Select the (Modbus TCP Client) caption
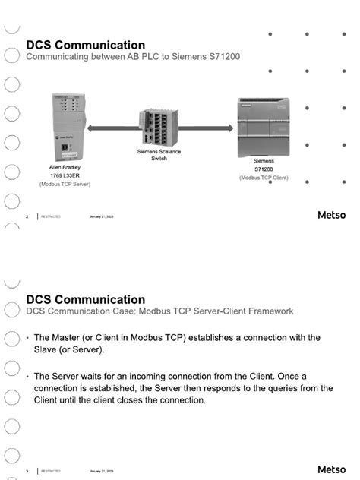(264, 178)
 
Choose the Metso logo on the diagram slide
(331, 216)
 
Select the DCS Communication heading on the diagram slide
(85, 45)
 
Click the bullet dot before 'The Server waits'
(28, 377)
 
